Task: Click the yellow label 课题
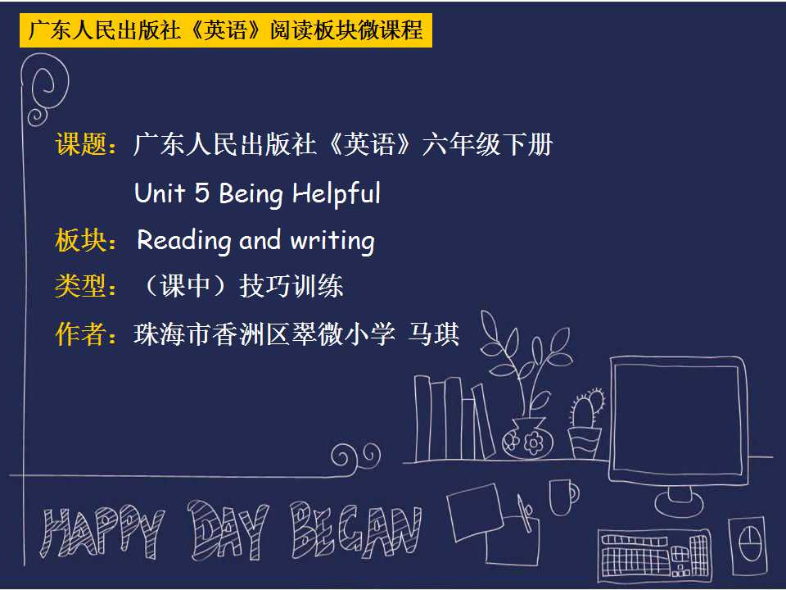pyautogui.click(x=81, y=144)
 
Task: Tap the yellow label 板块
pyautogui.click(x=81, y=240)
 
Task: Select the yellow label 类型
pyautogui.click(x=81, y=287)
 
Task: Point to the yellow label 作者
pyautogui.click(x=81, y=334)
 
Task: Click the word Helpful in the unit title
pyautogui.click(x=337, y=194)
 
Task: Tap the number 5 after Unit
pyautogui.click(x=201, y=193)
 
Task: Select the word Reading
pyautogui.click(x=184, y=241)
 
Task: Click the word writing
pyautogui.click(x=332, y=241)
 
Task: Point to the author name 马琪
pyautogui.click(x=434, y=334)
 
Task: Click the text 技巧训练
pyautogui.click(x=291, y=287)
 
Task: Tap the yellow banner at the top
pyautogui.click(x=226, y=30)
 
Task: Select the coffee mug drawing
pyautogui.click(x=564, y=497)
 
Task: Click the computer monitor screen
pyautogui.click(x=678, y=420)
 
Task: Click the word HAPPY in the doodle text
pyautogui.click(x=102, y=533)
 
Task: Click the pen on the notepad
pyautogui.click(x=525, y=512)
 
